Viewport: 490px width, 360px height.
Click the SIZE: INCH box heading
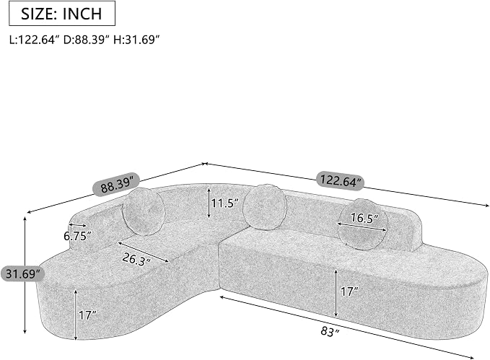click(x=62, y=14)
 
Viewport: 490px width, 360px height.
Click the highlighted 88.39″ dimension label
click(x=116, y=185)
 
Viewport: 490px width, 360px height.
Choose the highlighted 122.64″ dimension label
click(x=341, y=180)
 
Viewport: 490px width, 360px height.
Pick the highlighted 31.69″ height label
click(x=22, y=273)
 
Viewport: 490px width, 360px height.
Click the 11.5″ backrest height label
click(x=225, y=203)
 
